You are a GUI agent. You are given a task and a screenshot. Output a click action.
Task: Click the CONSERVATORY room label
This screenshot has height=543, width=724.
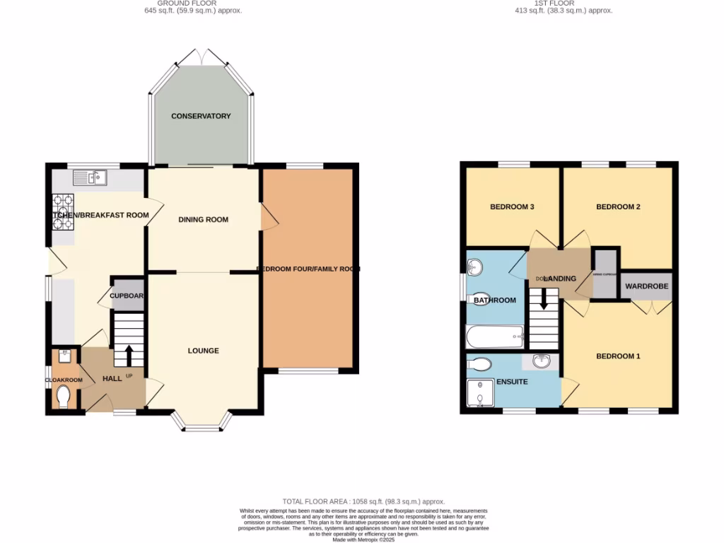click(x=201, y=116)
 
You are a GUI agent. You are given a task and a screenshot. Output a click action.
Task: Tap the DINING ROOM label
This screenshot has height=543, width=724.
click(x=203, y=220)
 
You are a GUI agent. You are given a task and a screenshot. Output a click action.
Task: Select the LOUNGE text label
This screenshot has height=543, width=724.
click(x=203, y=351)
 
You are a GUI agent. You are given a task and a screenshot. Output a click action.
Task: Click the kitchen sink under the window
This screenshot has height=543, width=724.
click(x=89, y=177)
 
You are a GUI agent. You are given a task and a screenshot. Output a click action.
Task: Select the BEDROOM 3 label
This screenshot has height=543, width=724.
click(x=512, y=207)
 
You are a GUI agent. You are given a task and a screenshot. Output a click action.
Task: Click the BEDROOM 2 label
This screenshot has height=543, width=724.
click(x=617, y=207)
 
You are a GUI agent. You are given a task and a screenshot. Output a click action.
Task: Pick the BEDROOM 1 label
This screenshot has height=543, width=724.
click(x=617, y=356)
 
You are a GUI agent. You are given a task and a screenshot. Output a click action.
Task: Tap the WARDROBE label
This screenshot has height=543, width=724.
click(x=646, y=287)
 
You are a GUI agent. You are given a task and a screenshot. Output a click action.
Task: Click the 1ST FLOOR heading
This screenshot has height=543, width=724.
click(x=563, y=3)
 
